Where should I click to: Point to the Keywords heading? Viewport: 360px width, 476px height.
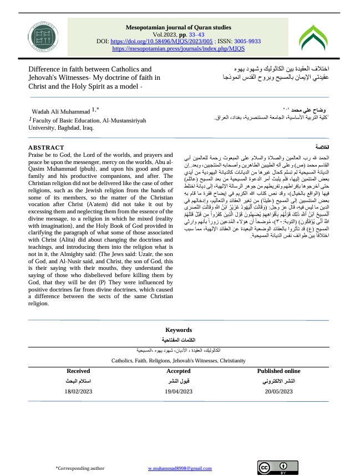click(x=178, y=330)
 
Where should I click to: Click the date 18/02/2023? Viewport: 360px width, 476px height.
click(x=78, y=391)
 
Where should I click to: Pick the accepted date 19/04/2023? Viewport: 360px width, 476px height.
click(x=178, y=391)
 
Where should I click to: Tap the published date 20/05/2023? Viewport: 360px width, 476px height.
click(x=278, y=391)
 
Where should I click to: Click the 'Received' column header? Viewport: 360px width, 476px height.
click(x=78, y=371)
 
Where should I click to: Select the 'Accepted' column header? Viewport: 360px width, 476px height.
click(x=178, y=371)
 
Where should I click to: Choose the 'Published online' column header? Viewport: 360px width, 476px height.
click(x=278, y=371)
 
